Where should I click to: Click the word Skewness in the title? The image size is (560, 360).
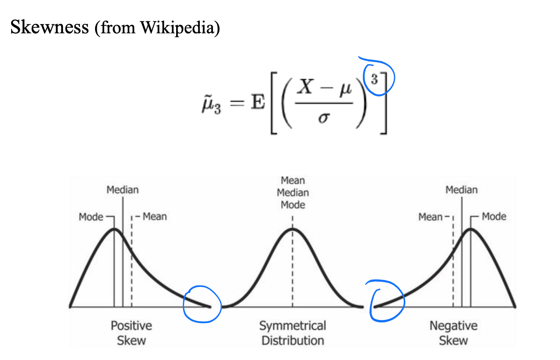pyautogui.click(x=49, y=27)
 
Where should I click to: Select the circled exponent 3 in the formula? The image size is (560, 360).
pyautogui.click(x=374, y=79)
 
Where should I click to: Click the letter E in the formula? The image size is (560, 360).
pyautogui.click(x=258, y=102)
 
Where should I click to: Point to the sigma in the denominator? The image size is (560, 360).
pyautogui.click(x=324, y=118)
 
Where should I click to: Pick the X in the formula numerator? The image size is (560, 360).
pyautogui.click(x=306, y=87)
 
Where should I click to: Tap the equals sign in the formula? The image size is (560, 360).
pyautogui.click(x=237, y=103)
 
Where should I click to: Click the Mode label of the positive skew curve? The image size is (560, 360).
pyautogui.click(x=91, y=217)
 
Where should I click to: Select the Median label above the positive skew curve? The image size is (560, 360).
pyautogui.click(x=123, y=190)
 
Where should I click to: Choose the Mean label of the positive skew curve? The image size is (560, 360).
pyautogui.click(x=155, y=216)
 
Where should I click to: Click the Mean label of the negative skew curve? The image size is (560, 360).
pyautogui.click(x=430, y=217)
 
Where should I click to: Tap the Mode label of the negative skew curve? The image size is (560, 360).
pyautogui.click(x=494, y=216)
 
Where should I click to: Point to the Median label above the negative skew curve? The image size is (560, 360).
pyautogui.click(x=461, y=190)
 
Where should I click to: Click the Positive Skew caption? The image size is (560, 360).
pyautogui.click(x=131, y=333)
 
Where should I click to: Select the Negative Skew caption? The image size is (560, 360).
pyautogui.click(x=453, y=333)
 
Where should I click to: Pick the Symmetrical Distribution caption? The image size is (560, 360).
pyautogui.click(x=293, y=333)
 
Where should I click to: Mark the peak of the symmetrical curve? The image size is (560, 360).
pyautogui.click(x=293, y=229)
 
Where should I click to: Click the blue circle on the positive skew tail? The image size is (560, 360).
pyautogui.click(x=202, y=304)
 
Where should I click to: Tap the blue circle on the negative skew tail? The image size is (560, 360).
pyautogui.click(x=387, y=301)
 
